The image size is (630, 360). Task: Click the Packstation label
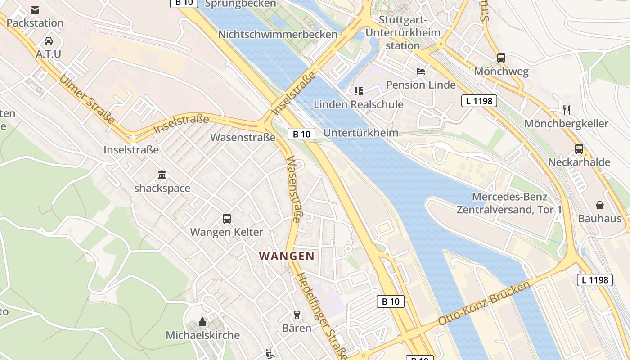[x=35, y=22]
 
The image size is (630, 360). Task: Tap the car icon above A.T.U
[x=49, y=41]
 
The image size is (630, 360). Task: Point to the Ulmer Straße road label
[x=86, y=100]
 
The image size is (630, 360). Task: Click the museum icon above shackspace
[x=162, y=175]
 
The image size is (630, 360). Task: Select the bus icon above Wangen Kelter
[x=227, y=219]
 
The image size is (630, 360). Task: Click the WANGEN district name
[x=287, y=256]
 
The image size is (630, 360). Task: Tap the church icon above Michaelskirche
[x=203, y=322]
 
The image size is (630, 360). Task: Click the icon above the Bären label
[x=297, y=315]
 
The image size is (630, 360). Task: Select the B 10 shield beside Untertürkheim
[x=301, y=134]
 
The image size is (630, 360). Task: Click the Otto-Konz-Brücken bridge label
[x=484, y=304]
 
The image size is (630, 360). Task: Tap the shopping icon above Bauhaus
[x=600, y=205]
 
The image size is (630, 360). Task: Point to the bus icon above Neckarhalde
[x=579, y=149]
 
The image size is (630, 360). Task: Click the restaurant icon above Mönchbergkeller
[x=567, y=110]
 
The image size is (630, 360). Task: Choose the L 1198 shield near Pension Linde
[x=479, y=101]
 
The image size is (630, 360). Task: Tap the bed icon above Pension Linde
[x=421, y=71]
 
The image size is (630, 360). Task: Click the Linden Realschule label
[x=359, y=104]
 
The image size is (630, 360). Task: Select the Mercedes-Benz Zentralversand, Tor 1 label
[x=509, y=203]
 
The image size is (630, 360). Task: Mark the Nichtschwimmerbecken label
[x=278, y=34]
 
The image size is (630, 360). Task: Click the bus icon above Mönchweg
[x=501, y=58]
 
